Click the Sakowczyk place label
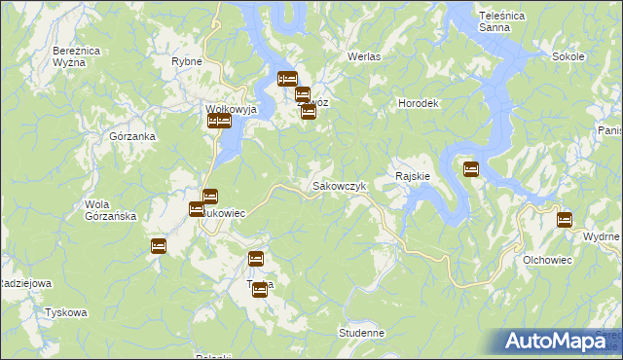(x=338, y=185)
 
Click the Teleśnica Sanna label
(x=503, y=22)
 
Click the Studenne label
(x=362, y=333)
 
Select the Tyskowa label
(x=66, y=313)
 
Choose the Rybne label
(x=186, y=61)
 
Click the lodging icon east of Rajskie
(x=471, y=169)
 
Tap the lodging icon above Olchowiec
(x=564, y=220)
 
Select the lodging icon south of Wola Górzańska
(x=159, y=246)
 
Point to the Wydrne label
(x=600, y=237)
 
